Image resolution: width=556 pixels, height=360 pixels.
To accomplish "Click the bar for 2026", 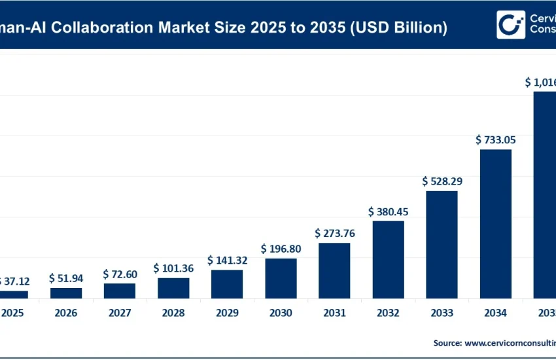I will [66, 293].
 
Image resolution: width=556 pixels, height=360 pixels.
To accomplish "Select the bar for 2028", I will [173, 288].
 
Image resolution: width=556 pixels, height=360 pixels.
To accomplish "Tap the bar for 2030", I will [281, 278].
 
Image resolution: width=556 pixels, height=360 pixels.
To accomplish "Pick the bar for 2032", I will [388, 259].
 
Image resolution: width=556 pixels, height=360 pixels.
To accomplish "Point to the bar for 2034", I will [496, 223].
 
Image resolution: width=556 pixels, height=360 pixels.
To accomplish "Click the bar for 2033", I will [442, 244].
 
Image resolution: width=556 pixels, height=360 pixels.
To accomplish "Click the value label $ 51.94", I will [66, 278].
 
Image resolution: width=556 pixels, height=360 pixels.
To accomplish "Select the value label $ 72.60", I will [120, 274].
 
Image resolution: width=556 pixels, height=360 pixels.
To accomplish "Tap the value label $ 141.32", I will [227, 260].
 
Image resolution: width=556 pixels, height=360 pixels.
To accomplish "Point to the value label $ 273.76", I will [334, 233].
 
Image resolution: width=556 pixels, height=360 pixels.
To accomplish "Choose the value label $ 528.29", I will [442, 181].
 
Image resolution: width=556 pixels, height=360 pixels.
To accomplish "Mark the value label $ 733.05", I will [496, 139].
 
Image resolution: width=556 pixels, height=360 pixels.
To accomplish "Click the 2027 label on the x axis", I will [120, 313].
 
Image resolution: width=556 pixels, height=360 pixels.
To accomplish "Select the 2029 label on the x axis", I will [227, 313].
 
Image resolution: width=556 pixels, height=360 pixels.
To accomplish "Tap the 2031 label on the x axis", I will [334, 313].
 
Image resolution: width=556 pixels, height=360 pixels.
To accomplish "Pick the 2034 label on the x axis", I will [496, 313].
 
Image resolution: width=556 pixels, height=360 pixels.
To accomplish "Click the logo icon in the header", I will [511, 24].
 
